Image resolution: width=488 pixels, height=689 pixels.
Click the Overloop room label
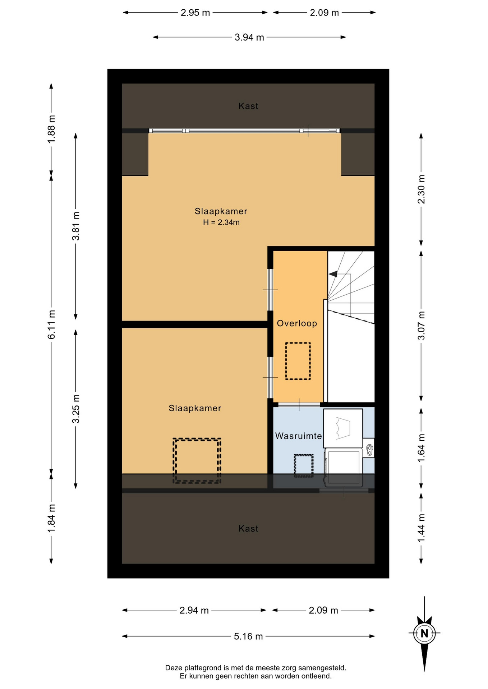pyautogui.click(x=297, y=323)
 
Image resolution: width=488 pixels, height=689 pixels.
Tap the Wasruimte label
pyautogui.click(x=298, y=436)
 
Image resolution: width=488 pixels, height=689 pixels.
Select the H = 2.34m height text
pyautogui.click(x=221, y=222)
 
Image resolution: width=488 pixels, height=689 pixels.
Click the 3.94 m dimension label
pyautogui.click(x=249, y=37)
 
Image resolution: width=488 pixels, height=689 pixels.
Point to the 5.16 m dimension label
pyautogui.click(x=248, y=636)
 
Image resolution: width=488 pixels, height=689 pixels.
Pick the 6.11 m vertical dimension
pyautogui.click(x=51, y=324)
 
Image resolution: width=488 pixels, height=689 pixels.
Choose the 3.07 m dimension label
pyautogui.click(x=421, y=325)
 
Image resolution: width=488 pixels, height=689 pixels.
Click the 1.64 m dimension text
pyautogui.click(x=421, y=448)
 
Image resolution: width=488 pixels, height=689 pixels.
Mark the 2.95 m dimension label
pyautogui.click(x=195, y=13)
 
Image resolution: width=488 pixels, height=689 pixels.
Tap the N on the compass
pyautogui.click(x=424, y=633)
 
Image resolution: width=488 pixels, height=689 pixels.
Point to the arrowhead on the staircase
pyautogui.click(x=333, y=274)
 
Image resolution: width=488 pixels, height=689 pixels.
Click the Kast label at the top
pyautogui.click(x=248, y=106)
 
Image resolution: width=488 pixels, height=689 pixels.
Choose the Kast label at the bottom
pyautogui.click(x=248, y=529)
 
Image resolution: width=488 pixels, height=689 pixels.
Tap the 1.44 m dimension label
pyautogui.click(x=421, y=528)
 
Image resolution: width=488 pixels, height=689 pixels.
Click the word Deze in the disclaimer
pyautogui.click(x=174, y=668)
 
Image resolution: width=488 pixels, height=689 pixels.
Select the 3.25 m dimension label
pyautogui.click(x=76, y=409)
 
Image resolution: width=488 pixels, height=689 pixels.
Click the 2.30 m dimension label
pyautogui.click(x=421, y=189)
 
